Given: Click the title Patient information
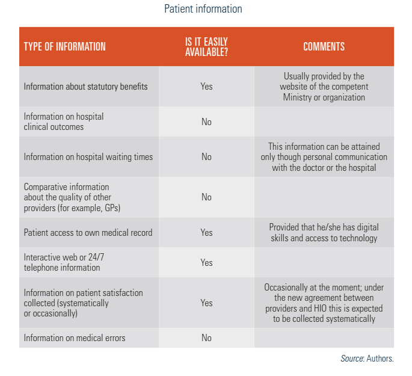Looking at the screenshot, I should click(203, 9).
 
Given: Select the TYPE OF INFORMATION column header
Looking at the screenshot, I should click(64, 47).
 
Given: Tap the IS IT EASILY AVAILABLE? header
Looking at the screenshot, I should click(206, 47).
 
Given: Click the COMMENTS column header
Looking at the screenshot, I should click(324, 47).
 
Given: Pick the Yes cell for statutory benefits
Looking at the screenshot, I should click(206, 87).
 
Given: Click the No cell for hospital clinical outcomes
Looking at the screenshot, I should click(206, 122).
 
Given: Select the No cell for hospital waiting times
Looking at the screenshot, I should click(206, 157).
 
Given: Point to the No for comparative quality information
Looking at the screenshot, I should click(206, 197).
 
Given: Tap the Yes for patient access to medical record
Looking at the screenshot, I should click(206, 233).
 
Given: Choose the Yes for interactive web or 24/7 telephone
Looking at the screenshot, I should click(206, 263).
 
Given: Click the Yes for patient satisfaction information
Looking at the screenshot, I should click(206, 303).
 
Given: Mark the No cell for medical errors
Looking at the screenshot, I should click(206, 338).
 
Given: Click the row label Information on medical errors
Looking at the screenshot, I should click(75, 338).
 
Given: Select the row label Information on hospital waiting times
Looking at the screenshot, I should click(88, 157).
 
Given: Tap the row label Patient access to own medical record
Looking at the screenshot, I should click(88, 233).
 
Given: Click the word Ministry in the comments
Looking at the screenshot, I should click(298, 97).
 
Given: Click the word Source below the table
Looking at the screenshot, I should click(352, 359).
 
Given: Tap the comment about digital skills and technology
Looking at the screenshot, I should click(324, 233).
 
